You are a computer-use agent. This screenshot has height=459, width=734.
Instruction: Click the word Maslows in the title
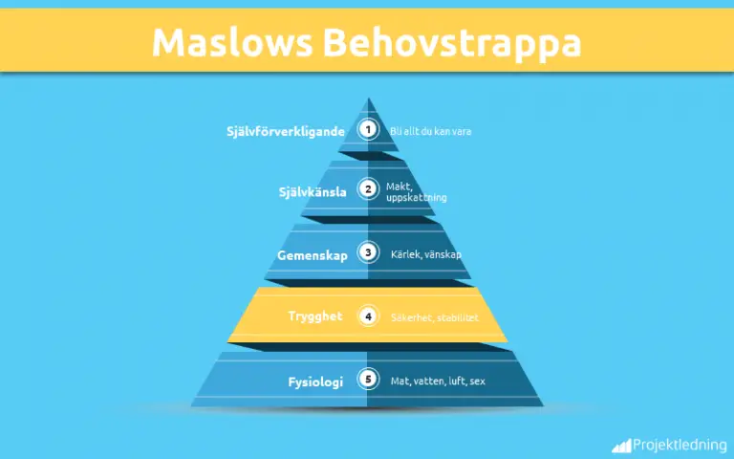pos(232,43)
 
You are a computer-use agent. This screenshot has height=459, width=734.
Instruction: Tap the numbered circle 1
pos(368,129)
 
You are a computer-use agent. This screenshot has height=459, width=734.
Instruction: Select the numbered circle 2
pos(368,189)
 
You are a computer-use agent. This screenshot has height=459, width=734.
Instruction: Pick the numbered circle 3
pos(368,252)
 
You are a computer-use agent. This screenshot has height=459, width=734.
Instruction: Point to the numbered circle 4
pos(368,317)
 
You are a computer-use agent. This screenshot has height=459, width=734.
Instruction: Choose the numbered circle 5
pos(368,379)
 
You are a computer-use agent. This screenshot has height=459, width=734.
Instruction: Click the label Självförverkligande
pos(286,131)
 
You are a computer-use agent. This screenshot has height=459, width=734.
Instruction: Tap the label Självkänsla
pos(313,192)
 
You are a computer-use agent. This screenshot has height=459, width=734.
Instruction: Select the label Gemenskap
pos(313,255)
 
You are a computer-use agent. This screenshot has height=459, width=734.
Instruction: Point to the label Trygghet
pos(315,317)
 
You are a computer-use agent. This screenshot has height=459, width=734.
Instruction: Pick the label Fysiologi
pos(315,382)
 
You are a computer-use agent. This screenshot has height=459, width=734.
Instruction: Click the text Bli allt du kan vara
pos(431,132)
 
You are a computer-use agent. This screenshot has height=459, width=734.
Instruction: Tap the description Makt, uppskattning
pos(417,192)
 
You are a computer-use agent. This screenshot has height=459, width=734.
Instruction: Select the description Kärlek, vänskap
pos(426,254)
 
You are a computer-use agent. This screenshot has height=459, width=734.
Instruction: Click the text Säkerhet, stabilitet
pos(435,317)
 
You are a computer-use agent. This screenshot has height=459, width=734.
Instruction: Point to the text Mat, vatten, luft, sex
pos(438,382)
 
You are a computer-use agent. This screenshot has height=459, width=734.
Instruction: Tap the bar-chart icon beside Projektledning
pos(621,447)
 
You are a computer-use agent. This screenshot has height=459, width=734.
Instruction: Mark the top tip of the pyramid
pos(368,98)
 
